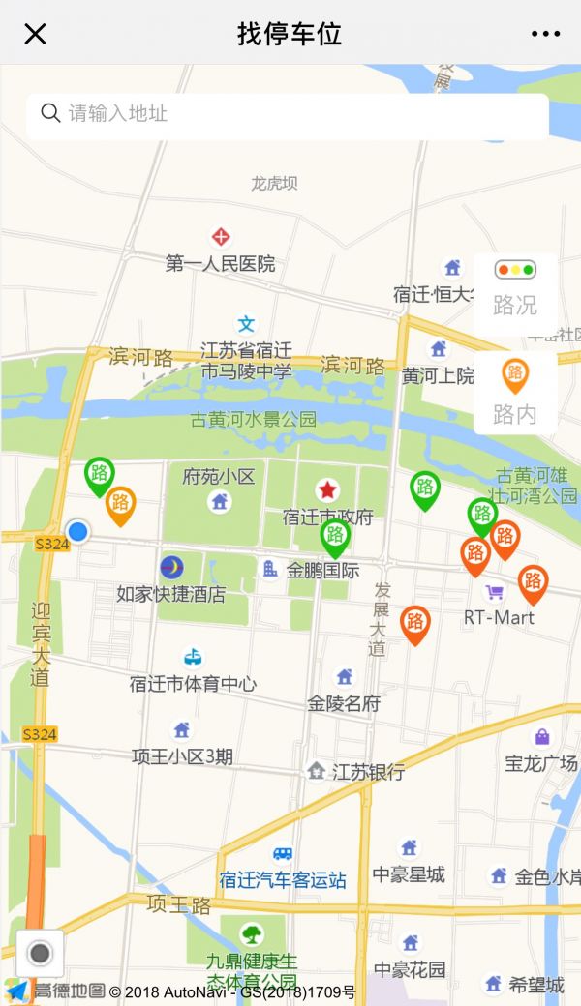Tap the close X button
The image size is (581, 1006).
tap(35, 34)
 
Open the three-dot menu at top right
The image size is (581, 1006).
tap(545, 34)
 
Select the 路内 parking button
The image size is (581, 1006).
tap(515, 392)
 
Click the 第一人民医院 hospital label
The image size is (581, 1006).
tap(221, 263)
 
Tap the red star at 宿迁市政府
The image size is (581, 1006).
tap(327, 490)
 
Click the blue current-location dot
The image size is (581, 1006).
tap(77, 531)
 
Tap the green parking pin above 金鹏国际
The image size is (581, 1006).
tap(335, 536)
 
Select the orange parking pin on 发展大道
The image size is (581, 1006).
tap(414, 623)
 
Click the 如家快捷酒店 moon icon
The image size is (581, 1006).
tap(171, 567)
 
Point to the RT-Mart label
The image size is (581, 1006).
tap(499, 617)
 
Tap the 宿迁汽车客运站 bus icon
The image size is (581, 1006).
tap(283, 853)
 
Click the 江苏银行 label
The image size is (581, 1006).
tap(368, 772)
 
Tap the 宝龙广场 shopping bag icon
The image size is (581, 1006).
tap(542, 737)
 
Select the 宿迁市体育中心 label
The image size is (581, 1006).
tap(193, 684)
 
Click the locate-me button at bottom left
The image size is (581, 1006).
tap(40, 954)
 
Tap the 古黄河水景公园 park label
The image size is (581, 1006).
tap(254, 420)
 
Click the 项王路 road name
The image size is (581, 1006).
tap(179, 905)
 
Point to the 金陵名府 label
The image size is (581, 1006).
tap(344, 703)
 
